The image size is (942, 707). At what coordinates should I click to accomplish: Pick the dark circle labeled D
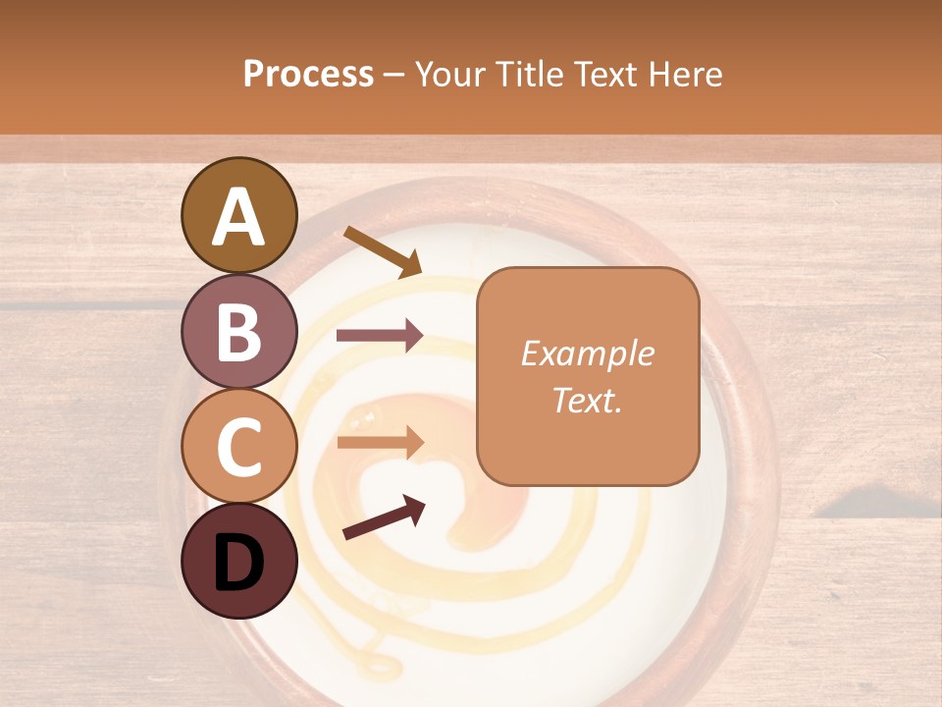(x=239, y=562)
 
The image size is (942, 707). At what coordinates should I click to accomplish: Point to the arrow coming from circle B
(x=380, y=336)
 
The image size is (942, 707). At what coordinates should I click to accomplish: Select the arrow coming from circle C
(x=380, y=442)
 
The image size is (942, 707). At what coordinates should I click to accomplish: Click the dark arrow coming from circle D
(x=384, y=517)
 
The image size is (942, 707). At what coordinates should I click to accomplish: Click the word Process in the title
(x=308, y=75)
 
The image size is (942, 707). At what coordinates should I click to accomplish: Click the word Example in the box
(x=587, y=353)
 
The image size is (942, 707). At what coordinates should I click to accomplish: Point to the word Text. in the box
(x=587, y=401)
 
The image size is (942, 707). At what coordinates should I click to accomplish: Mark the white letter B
(x=239, y=332)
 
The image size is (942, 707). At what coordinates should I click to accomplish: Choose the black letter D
(x=239, y=562)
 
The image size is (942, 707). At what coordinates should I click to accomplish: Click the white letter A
(x=239, y=216)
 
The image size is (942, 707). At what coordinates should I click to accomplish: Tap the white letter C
(x=239, y=447)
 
